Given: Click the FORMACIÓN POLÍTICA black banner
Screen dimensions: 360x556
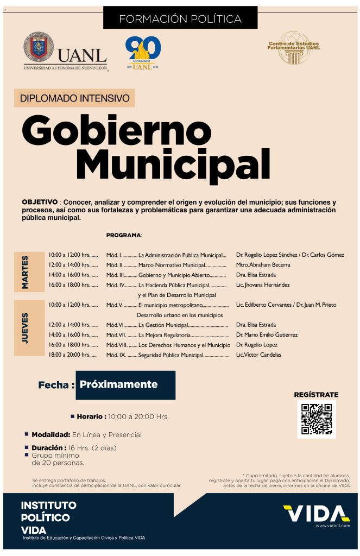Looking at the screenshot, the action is [x=180, y=18].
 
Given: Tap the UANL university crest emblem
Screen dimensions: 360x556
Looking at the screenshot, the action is [x=38, y=47].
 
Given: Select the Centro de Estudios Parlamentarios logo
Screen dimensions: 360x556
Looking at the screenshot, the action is [x=293, y=47].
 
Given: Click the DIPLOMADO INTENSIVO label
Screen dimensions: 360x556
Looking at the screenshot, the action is [x=74, y=98].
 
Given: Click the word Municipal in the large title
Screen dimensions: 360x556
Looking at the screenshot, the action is [x=173, y=162].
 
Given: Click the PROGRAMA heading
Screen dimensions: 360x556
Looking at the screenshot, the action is [x=123, y=235].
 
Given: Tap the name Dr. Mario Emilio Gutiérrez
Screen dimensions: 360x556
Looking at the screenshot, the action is [x=267, y=334].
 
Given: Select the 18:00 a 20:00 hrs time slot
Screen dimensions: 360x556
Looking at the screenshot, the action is [x=73, y=355].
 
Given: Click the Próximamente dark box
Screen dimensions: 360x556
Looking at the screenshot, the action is [x=125, y=385].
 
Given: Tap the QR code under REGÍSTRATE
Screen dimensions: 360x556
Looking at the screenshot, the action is [x=316, y=419].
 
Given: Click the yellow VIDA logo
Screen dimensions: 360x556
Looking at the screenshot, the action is [x=316, y=513].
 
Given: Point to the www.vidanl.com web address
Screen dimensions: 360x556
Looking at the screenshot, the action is [x=332, y=526].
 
